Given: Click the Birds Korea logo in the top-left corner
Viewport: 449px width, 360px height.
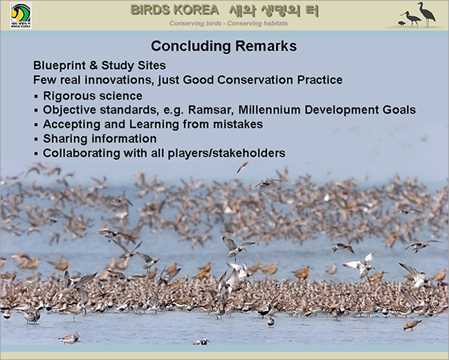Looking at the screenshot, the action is click(x=21, y=15).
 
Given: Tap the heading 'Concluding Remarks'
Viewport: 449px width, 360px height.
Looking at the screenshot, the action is click(x=224, y=46).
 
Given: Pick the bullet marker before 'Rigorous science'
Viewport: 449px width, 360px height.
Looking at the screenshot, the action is click(x=36, y=96).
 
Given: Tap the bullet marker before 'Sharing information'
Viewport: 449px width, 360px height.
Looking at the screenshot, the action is click(x=36, y=139).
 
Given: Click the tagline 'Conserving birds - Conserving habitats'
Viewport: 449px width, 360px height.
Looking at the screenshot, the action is click(x=228, y=24).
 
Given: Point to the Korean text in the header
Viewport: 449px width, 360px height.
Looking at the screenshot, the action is click(x=274, y=11).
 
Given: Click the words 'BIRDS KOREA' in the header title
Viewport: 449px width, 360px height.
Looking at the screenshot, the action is click(x=175, y=10).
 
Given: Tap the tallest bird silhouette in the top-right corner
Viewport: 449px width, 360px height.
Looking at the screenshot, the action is click(x=426, y=14).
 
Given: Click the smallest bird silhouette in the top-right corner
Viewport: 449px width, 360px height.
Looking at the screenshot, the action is click(x=402, y=24).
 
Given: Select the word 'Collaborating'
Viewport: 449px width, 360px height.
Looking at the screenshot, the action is click(x=82, y=154).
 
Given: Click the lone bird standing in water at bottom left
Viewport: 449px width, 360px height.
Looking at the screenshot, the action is click(x=69, y=338).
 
